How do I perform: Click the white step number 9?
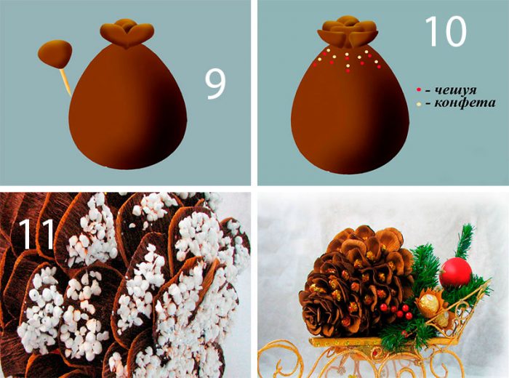[215, 85]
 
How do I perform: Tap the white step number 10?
[445, 31]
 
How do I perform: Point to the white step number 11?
[36, 233]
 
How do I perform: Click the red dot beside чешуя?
[419, 89]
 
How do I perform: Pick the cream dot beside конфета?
[419, 104]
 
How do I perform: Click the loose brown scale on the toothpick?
[55, 54]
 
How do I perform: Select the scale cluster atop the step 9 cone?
[127, 33]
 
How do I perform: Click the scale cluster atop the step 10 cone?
[348, 31]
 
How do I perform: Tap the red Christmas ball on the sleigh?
[455, 272]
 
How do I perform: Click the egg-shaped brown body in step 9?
[127, 107]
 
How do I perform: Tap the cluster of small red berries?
[397, 310]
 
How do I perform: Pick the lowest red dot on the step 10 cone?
[348, 71]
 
